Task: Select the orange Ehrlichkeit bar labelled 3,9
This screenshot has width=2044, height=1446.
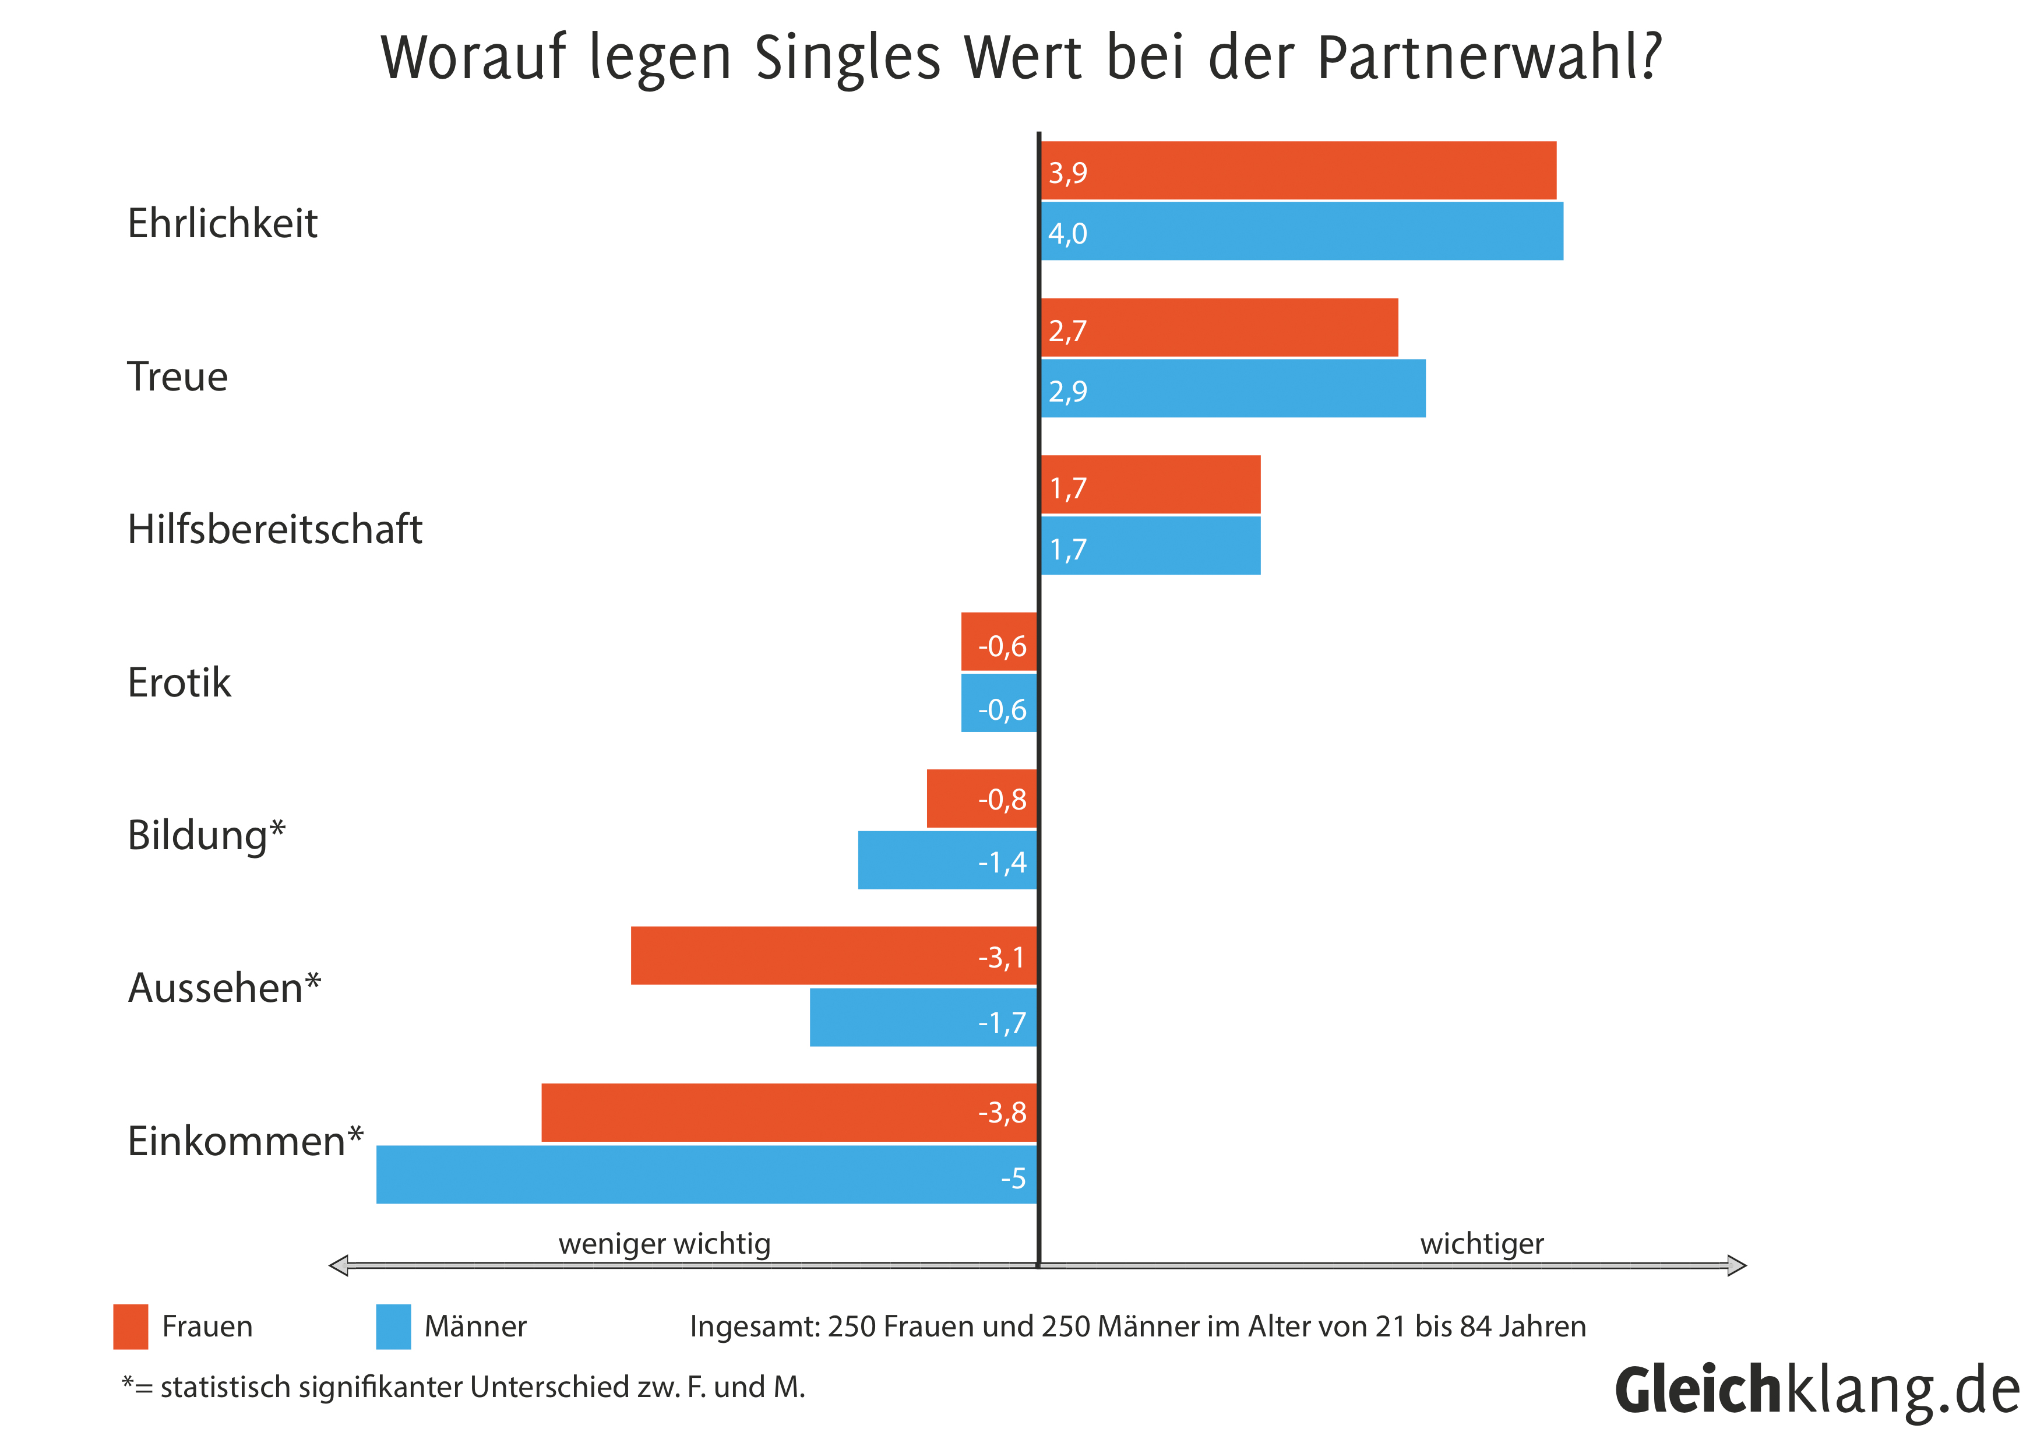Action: (1298, 170)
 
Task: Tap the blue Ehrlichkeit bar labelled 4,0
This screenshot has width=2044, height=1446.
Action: (1302, 231)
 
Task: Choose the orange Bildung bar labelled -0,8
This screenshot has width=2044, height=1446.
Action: (981, 798)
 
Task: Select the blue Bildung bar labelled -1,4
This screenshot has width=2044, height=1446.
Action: (947, 860)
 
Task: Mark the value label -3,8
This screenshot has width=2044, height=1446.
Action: (1002, 1112)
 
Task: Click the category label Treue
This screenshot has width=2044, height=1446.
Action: (177, 376)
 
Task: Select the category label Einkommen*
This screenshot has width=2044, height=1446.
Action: (245, 1141)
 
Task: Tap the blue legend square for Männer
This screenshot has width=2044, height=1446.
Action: (393, 1327)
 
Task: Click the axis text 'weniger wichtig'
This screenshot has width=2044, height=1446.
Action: (664, 1243)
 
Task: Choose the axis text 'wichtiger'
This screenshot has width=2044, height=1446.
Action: (1481, 1243)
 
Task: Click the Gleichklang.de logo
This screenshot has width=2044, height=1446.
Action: (1817, 1391)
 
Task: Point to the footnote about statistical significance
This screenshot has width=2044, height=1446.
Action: (463, 1387)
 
